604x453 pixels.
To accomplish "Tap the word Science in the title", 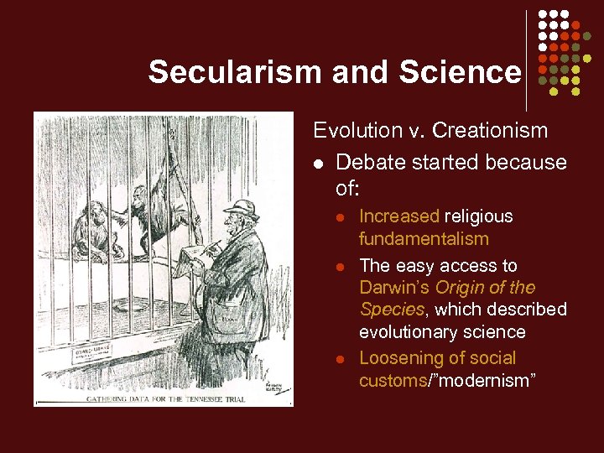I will tap(466, 72).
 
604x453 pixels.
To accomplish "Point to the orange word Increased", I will tap(398, 216).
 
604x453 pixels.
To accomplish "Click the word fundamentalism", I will tap(424, 239).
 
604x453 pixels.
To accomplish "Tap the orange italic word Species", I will tap(391, 310).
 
